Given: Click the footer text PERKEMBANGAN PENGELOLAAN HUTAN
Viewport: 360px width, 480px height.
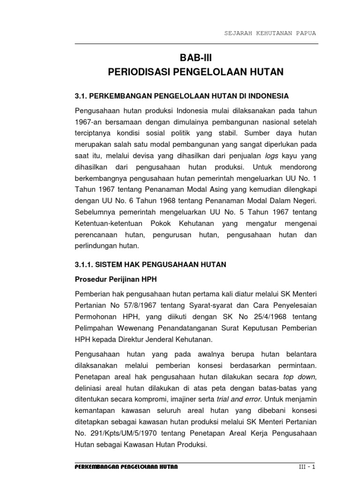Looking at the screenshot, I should coord(127,467).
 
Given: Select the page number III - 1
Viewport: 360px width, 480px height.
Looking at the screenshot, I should coord(308,467).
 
